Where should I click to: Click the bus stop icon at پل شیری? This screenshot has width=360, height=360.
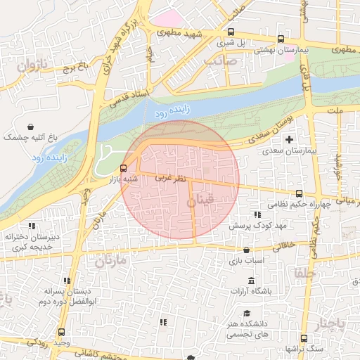(231, 32)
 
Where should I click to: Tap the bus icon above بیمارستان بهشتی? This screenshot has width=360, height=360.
(281, 39)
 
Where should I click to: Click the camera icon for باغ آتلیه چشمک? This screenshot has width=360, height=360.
(29, 127)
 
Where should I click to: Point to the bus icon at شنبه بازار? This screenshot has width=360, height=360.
(124, 168)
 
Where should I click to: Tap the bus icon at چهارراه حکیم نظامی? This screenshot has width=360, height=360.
(299, 193)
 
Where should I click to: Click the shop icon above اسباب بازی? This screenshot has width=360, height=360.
(246, 250)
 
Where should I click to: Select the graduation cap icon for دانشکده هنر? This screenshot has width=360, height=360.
(246, 313)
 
